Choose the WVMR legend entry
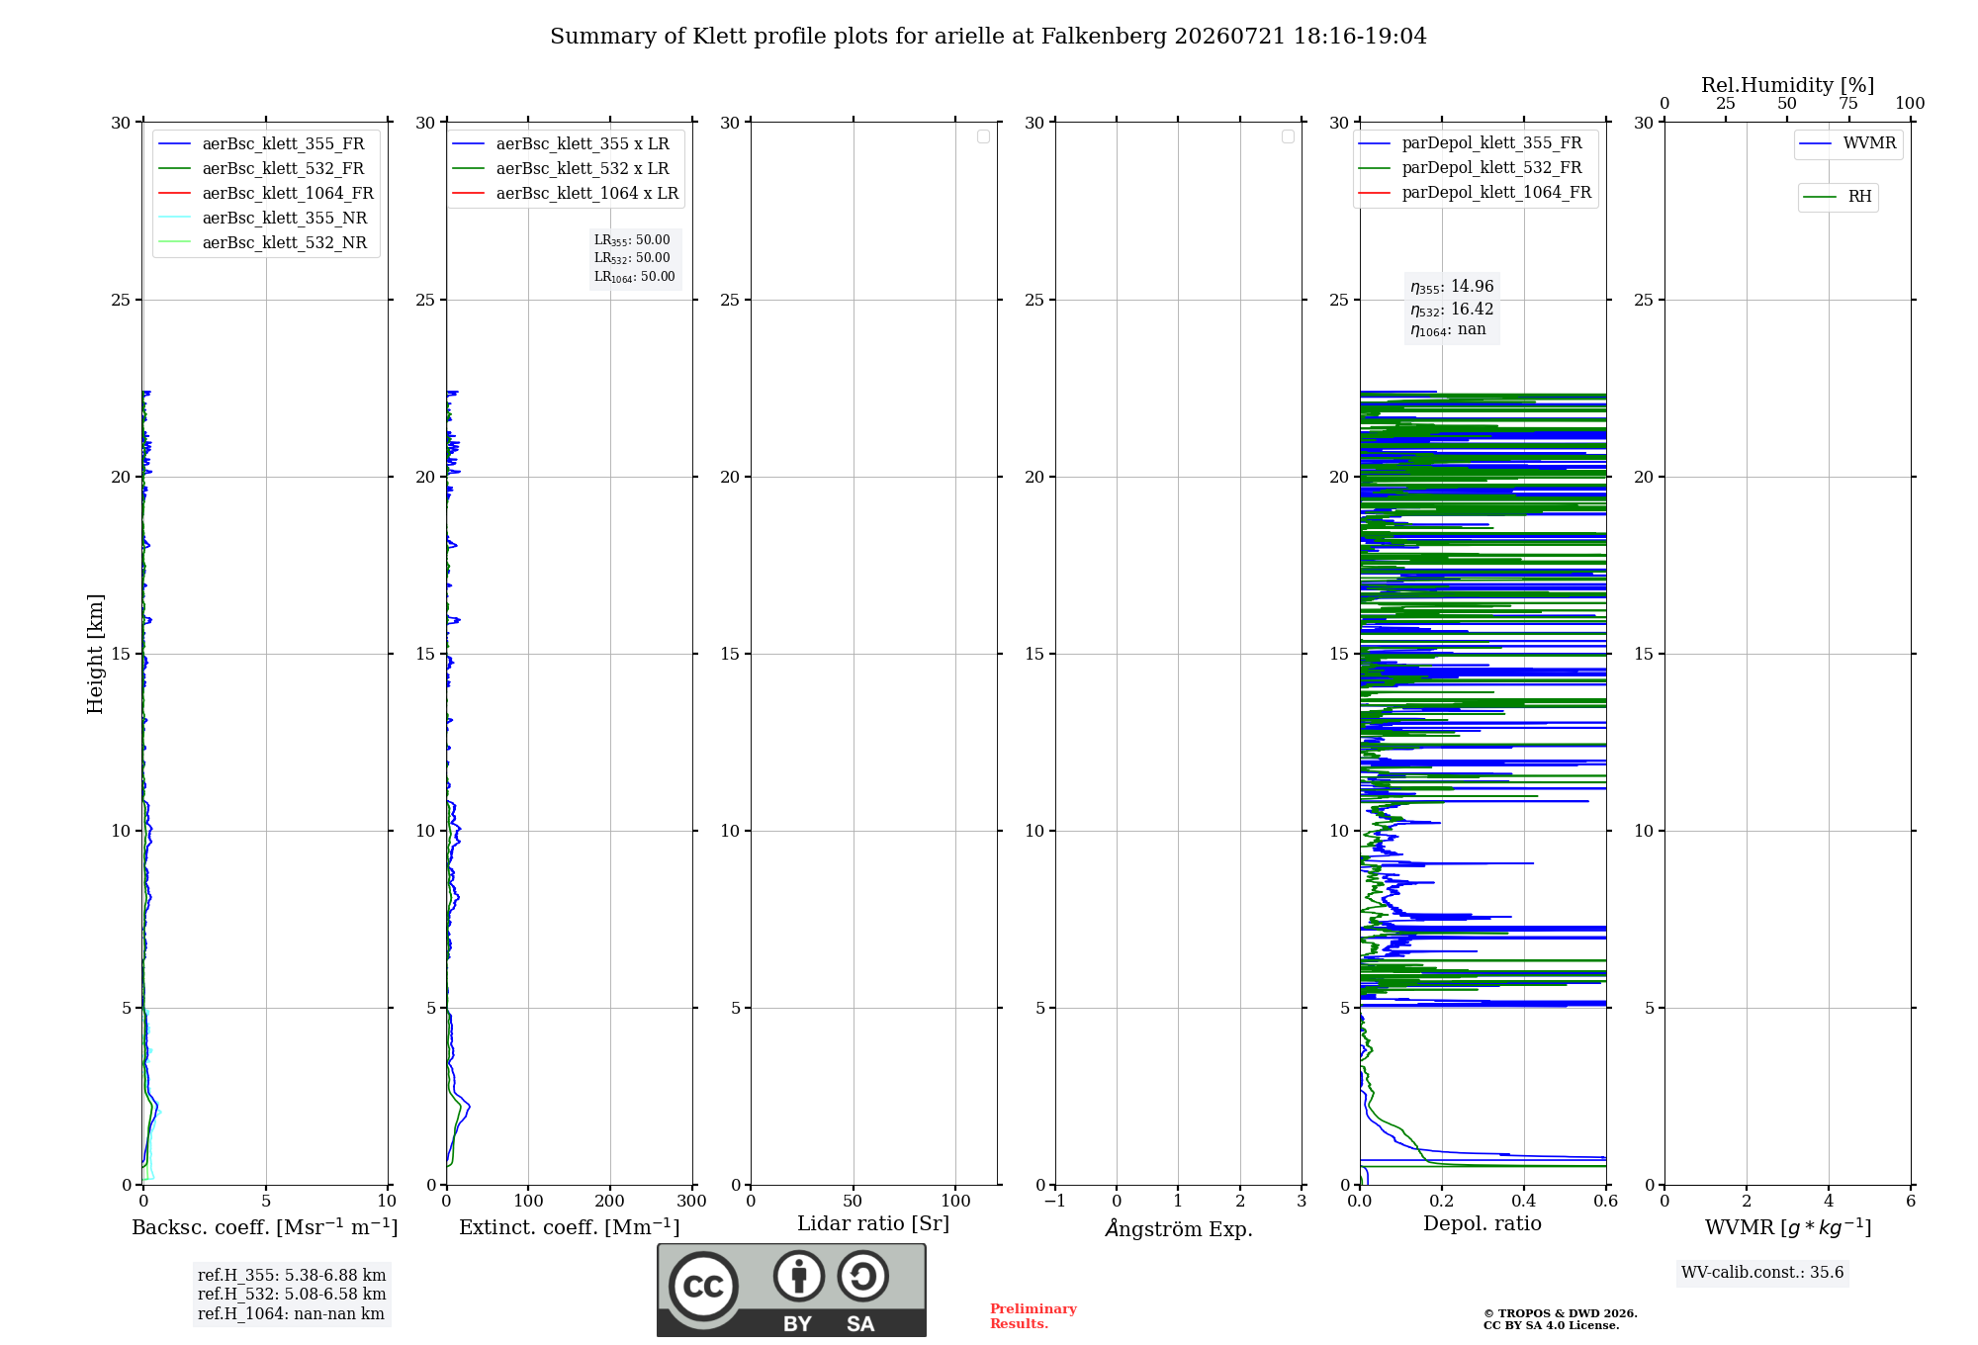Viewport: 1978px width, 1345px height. [1847, 143]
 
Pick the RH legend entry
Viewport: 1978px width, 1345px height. [1838, 197]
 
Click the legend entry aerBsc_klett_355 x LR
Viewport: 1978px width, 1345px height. [561, 143]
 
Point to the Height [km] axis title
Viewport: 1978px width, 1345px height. [95, 654]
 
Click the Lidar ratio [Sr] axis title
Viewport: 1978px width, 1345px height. [873, 1223]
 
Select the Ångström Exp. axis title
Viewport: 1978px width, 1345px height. [1179, 1227]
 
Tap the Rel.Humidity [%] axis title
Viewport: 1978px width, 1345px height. [1787, 85]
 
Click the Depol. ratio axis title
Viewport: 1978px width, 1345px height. [1483, 1223]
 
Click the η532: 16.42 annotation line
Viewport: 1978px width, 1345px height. [1452, 309]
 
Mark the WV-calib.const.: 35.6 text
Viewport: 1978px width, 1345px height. [1762, 1273]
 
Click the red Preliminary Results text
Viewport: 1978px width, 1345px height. [1034, 1316]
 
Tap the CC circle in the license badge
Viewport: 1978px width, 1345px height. [703, 1287]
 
